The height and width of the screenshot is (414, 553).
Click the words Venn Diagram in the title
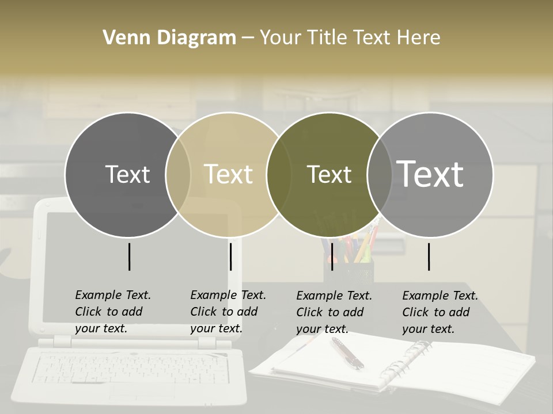pos(169,38)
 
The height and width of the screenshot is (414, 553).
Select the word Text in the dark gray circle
pos(127,174)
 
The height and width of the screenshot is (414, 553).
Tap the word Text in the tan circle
pos(228,174)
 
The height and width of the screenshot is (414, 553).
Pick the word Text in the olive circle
pos(329,174)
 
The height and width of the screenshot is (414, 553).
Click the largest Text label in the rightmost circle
pos(430,174)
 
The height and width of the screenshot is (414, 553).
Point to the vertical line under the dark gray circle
pos(129,256)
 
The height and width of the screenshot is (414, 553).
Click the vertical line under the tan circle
pos(230,256)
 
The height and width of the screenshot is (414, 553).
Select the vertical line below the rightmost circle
pos(429,256)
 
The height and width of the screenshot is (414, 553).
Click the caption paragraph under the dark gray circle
pos(113,312)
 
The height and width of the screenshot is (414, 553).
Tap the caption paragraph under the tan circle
pos(228,312)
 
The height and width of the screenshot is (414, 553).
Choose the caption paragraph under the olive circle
pos(334,312)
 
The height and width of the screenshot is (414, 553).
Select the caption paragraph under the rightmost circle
pos(440,312)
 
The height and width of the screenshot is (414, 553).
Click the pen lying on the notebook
pos(347,352)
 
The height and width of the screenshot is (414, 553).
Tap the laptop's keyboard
pos(130,368)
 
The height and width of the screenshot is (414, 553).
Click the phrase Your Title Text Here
pos(350,38)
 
